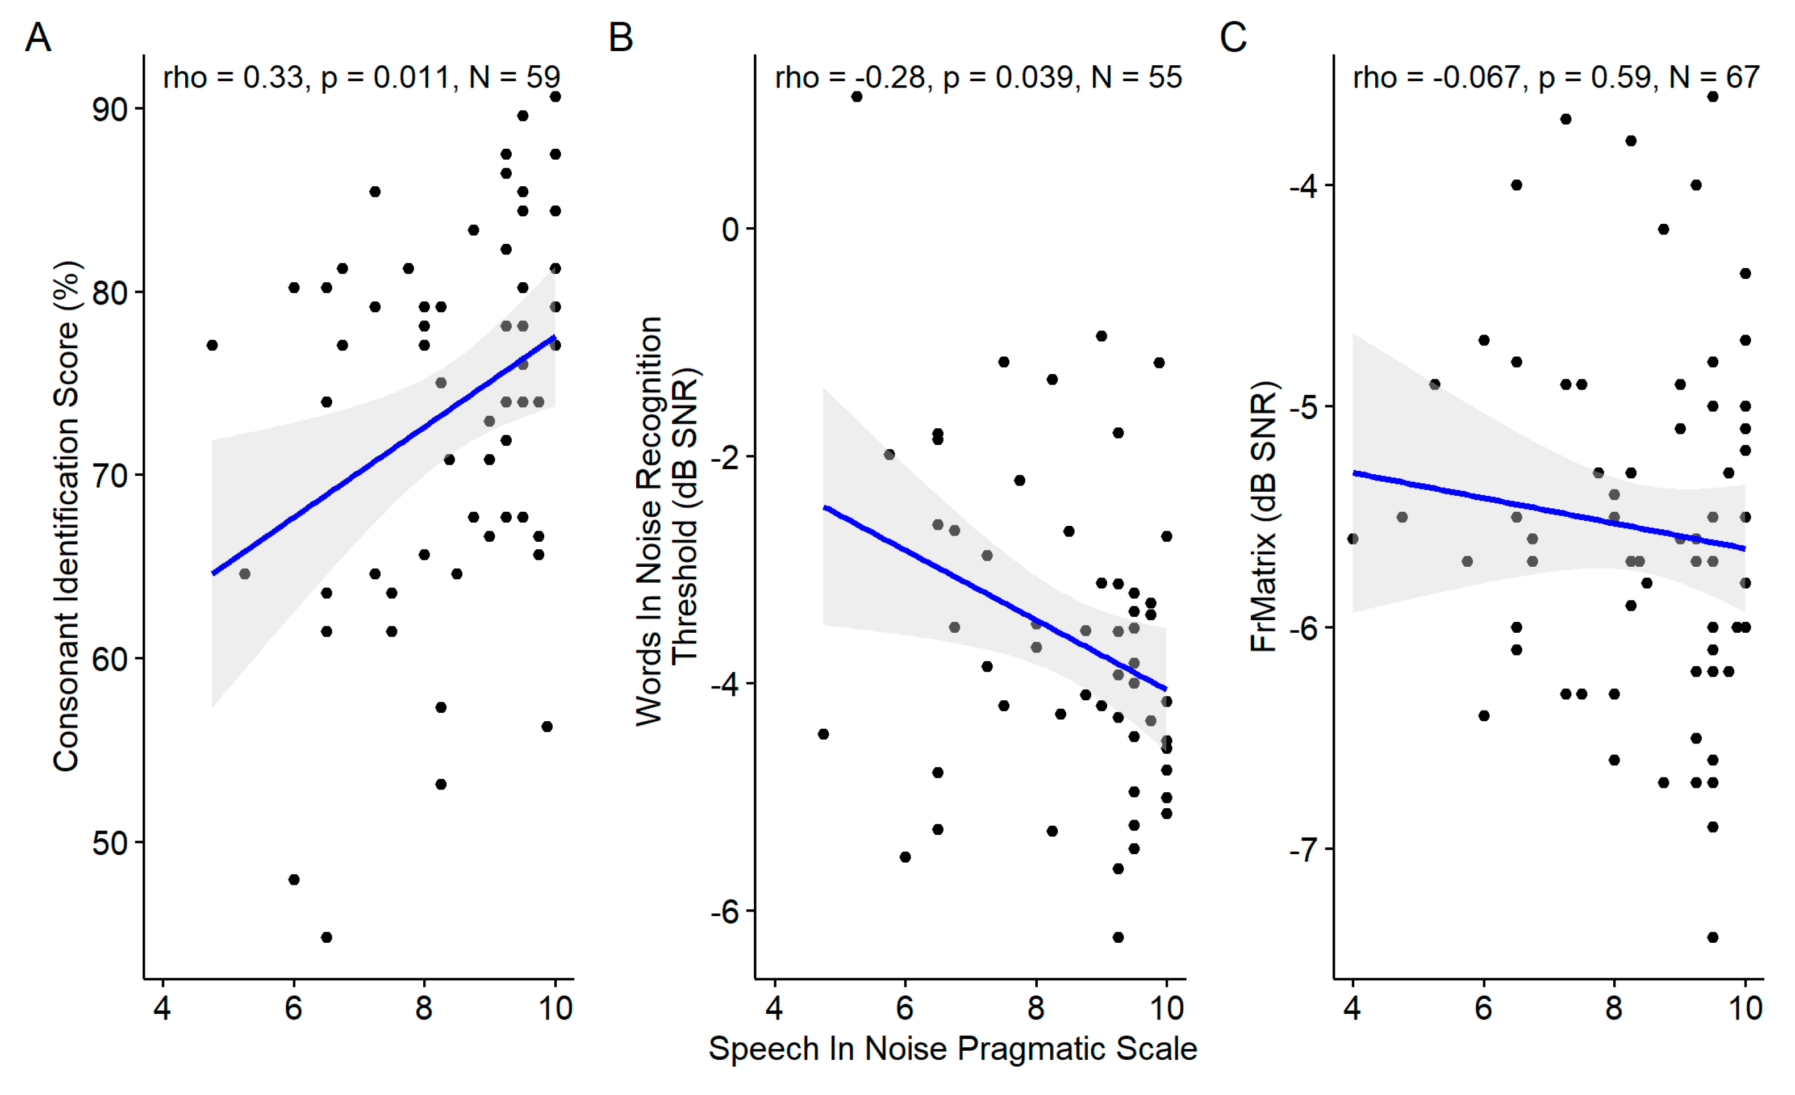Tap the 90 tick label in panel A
pyautogui.click(x=109, y=109)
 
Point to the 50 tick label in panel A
pyautogui.click(x=109, y=843)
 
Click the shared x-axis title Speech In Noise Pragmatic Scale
pyautogui.click(x=953, y=1049)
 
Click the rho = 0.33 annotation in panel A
pyautogui.click(x=361, y=77)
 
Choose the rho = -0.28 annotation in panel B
pyautogui.click(x=978, y=77)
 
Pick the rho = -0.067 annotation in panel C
pyautogui.click(x=1556, y=77)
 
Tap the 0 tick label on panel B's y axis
pyautogui.click(x=730, y=229)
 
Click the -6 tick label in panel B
pyautogui.click(x=724, y=912)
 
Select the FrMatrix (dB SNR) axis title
pyautogui.click(x=1264, y=516)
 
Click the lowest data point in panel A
pyautogui.click(x=327, y=937)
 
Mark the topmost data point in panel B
pyautogui.click(x=857, y=96)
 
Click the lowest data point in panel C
pyautogui.click(x=1713, y=937)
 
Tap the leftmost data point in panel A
pyautogui.click(x=212, y=345)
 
